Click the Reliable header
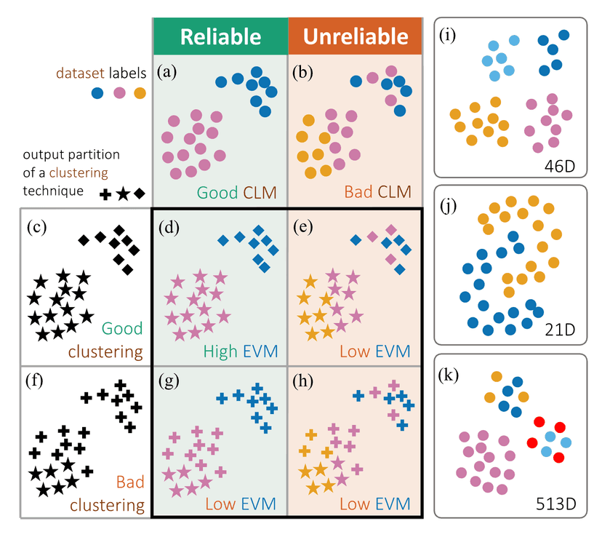tap(220, 37)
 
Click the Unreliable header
tap(355, 37)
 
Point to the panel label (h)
tap(305, 378)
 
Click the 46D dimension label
tap(559, 164)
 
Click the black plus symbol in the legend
tap(105, 194)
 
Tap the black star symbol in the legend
tap(122, 194)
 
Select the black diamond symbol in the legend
tap(139, 194)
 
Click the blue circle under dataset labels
tap(97, 93)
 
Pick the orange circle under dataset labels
tap(140, 93)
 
